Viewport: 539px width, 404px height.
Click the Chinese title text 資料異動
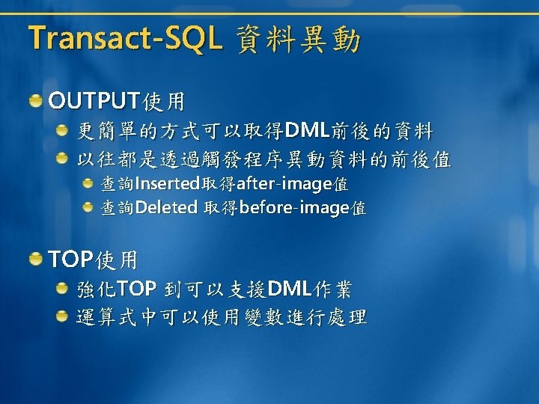coord(299,40)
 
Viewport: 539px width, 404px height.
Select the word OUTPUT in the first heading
coord(94,101)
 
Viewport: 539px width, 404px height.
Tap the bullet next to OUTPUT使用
coord(35,101)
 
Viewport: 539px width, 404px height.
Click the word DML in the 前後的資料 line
coord(307,130)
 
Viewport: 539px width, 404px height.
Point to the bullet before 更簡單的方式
coord(62,130)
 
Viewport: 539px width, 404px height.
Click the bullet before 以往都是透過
coord(62,159)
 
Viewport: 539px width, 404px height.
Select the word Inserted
coord(168,183)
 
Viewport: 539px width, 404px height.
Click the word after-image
coord(284,184)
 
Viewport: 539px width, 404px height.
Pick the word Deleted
coord(166,207)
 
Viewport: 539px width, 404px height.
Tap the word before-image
coord(294,208)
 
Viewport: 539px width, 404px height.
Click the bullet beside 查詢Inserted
coord(88,183)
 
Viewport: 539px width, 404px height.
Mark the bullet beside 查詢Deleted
coord(88,207)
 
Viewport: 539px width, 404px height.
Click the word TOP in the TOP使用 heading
coord(71,259)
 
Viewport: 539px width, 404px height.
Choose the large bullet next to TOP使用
coord(35,259)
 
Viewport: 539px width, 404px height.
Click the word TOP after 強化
coord(137,288)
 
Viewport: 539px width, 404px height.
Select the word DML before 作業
coord(290,288)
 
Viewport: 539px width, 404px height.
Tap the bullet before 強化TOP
coord(62,288)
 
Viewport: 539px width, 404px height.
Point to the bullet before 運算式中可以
coord(62,316)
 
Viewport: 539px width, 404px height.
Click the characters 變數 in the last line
coord(264,316)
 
